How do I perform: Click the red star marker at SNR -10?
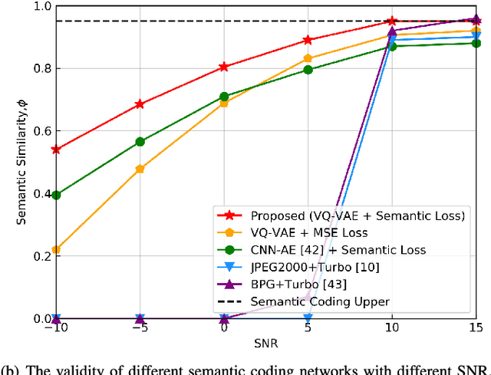coord(56,150)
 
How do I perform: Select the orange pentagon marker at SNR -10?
coord(56,249)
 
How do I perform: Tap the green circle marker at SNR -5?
coord(140,142)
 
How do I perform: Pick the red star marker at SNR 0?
coord(224,67)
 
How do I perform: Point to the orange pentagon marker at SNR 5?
coord(308,58)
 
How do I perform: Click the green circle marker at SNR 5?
coord(308,70)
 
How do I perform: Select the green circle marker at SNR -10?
coord(56,195)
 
